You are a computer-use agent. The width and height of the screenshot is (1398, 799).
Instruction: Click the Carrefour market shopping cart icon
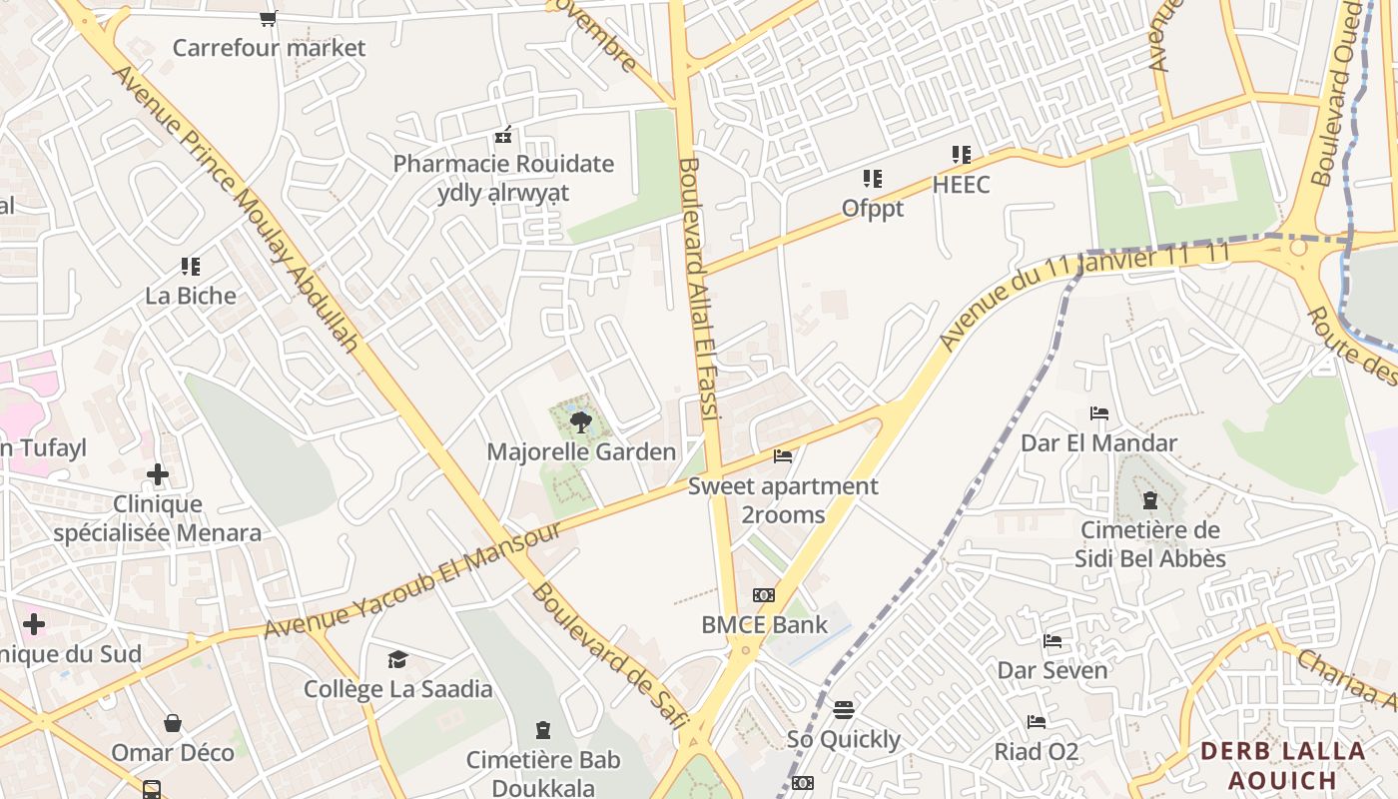(x=268, y=18)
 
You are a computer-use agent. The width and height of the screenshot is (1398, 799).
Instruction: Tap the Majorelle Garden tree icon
(x=580, y=423)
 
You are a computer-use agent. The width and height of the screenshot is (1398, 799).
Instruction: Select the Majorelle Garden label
(x=581, y=452)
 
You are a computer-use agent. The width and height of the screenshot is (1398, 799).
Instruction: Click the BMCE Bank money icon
(x=764, y=595)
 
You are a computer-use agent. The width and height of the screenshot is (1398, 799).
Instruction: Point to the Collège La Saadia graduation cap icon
(x=397, y=659)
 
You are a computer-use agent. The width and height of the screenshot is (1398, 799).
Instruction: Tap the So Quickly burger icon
(x=844, y=710)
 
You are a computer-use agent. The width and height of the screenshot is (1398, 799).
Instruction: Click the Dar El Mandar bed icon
(x=1099, y=413)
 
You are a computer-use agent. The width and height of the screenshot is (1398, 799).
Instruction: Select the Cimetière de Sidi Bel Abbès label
(x=1149, y=544)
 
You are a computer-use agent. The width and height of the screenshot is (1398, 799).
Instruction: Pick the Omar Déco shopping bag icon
(x=173, y=722)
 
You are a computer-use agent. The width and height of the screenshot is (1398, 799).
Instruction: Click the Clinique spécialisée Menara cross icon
(x=158, y=474)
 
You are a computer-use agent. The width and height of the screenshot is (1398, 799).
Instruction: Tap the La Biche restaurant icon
(x=191, y=267)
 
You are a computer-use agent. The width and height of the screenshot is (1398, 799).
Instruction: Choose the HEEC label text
(x=961, y=185)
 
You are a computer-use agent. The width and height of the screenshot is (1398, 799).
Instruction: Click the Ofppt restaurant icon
(x=873, y=179)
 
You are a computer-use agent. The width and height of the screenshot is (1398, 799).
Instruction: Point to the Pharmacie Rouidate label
(x=503, y=164)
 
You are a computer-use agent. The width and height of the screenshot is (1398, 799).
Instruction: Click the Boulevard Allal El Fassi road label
(x=698, y=300)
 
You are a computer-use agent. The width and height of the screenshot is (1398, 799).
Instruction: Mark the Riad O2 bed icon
(x=1037, y=722)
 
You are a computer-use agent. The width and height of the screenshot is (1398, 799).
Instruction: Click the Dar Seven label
(x=1052, y=670)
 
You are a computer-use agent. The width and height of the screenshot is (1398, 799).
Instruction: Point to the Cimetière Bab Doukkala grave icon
(x=543, y=730)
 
